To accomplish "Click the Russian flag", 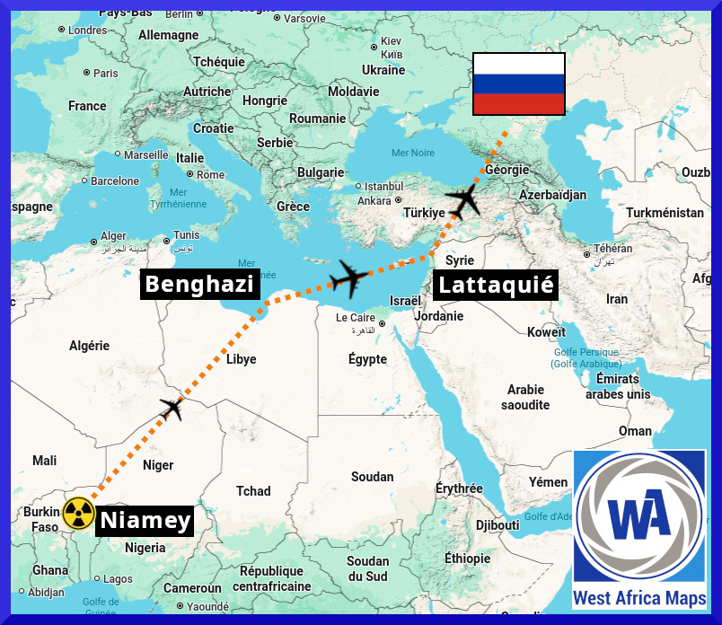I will pyautogui.click(x=519, y=84).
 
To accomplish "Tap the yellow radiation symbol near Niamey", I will pyautogui.click(x=78, y=514).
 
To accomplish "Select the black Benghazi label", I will pyautogui.click(x=199, y=285).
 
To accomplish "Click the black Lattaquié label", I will pyautogui.click(x=495, y=286).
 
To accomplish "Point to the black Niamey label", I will pyautogui.click(x=145, y=520).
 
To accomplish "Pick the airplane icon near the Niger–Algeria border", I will pyautogui.click(x=172, y=408).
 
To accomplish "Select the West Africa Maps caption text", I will pyautogui.click(x=639, y=598).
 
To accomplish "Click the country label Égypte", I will pyautogui.click(x=367, y=359).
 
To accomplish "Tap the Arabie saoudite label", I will pyautogui.click(x=525, y=397).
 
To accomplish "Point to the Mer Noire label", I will pyautogui.click(x=412, y=153).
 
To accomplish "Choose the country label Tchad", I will pyautogui.click(x=253, y=491).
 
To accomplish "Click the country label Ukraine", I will pyautogui.click(x=383, y=70).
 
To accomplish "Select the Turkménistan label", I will pyautogui.click(x=665, y=213).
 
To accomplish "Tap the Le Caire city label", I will pyautogui.click(x=356, y=318).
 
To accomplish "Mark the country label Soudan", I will pyautogui.click(x=372, y=477).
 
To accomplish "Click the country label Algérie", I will pyautogui.click(x=89, y=346).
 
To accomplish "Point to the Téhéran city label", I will pyautogui.click(x=613, y=249).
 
